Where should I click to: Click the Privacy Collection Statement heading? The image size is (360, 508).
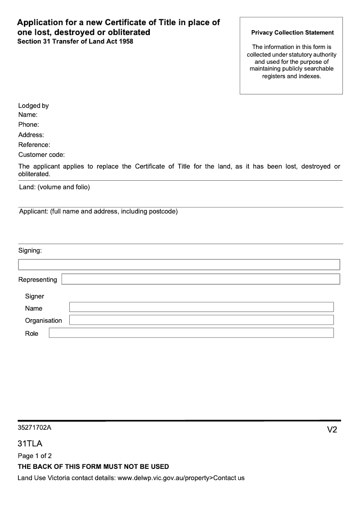[x=292, y=33]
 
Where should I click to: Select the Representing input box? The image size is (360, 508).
[x=200, y=279]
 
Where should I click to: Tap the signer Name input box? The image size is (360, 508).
[x=201, y=307]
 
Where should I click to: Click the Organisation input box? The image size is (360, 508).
[x=201, y=320]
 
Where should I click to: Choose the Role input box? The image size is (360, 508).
[x=191, y=333]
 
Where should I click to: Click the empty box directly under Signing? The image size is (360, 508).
[x=179, y=264]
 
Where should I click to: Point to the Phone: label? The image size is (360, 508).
[x=28, y=125]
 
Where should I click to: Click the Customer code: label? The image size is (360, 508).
[x=41, y=155]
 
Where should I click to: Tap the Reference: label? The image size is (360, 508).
[x=34, y=145]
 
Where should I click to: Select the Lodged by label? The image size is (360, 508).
[x=33, y=106]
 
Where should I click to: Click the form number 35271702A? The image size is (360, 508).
[x=35, y=428]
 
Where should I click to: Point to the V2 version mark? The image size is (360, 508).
[x=332, y=430]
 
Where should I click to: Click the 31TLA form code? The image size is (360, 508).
[x=30, y=444]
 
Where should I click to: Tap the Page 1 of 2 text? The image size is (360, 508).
[x=35, y=456]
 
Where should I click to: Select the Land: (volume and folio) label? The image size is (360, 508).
[x=54, y=187]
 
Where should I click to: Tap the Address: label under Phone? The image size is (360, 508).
[x=31, y=135]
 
